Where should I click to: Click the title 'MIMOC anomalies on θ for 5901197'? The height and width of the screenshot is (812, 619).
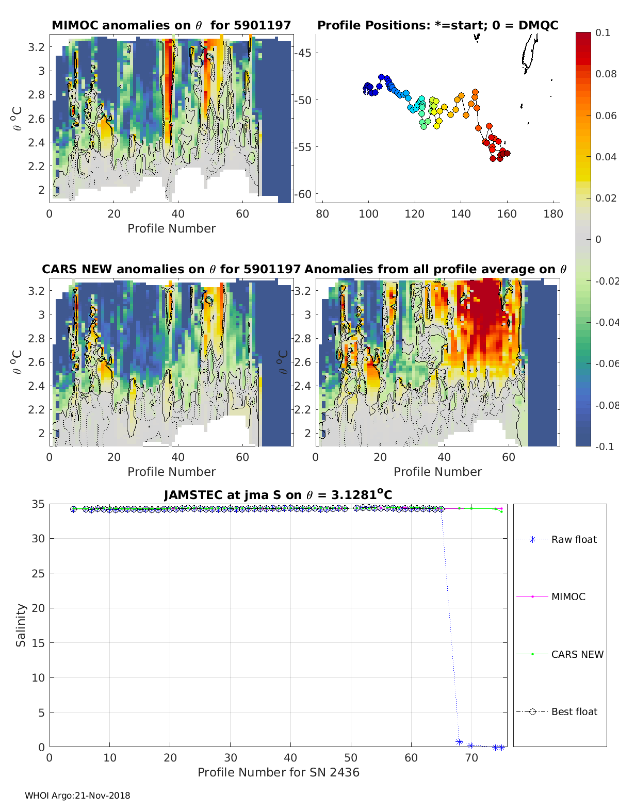171,25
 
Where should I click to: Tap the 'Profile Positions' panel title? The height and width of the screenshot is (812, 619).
437,25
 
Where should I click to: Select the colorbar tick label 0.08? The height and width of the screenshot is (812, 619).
606,74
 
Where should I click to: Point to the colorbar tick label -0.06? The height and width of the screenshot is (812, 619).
606,363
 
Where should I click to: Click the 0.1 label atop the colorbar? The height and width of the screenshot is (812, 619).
602,32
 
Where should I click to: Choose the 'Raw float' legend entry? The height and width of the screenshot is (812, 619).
574,539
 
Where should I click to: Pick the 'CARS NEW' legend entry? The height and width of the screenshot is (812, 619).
577,654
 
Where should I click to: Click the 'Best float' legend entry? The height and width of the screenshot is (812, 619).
574,711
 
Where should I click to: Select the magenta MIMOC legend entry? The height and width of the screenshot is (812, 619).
568,596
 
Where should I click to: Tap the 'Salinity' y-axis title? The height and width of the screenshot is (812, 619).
21,625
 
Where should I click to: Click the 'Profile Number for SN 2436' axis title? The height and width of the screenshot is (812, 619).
278,772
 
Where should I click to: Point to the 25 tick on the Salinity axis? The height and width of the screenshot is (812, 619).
39,573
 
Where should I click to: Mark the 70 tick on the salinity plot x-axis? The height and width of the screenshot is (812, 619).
471,758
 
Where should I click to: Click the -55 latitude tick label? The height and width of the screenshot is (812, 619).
303,147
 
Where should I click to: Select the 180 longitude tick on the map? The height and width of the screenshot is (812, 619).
553,214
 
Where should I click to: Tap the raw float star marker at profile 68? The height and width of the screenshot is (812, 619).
459,742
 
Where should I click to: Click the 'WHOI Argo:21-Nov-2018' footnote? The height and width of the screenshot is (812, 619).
77,796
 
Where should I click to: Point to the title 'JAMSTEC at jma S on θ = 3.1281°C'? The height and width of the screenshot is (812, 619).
278,495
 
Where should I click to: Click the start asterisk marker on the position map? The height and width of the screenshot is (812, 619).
366,91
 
